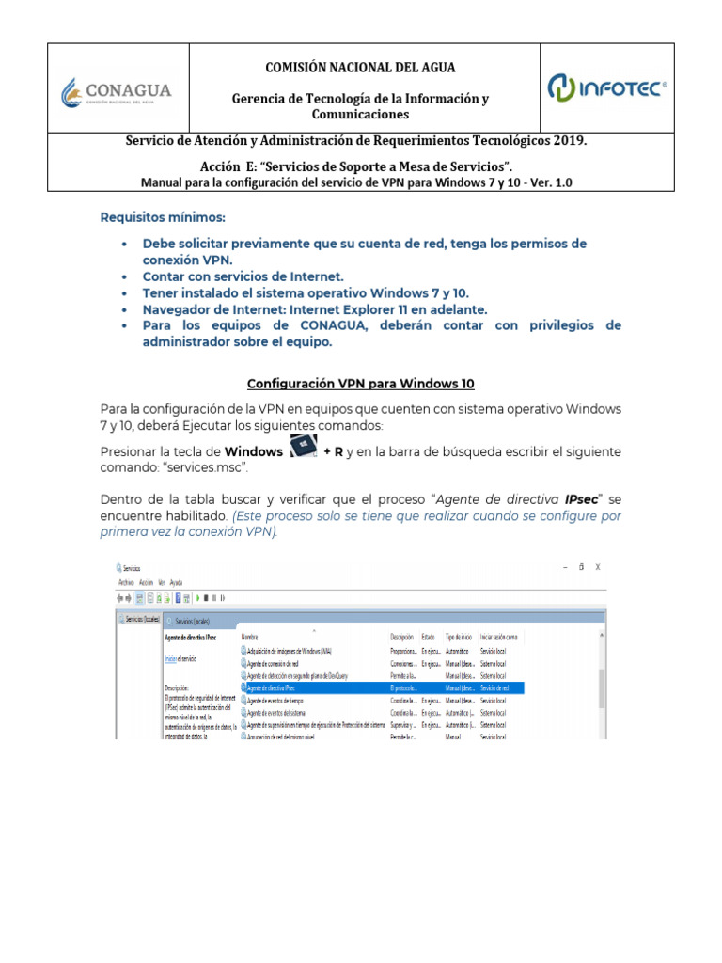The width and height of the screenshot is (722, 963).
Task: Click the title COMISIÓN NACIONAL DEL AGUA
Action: [361, 67]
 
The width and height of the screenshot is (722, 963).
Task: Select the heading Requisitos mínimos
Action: [164, 217]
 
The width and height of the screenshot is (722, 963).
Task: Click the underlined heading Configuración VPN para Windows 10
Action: [360, 384]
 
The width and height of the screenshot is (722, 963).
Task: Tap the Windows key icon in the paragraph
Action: [304, 449]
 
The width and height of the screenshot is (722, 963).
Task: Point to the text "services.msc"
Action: [213, 467]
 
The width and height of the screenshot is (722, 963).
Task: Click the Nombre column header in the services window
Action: [249, 637]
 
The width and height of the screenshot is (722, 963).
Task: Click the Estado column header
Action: [428, 637]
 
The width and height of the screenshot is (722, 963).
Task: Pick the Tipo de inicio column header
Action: [458, 637]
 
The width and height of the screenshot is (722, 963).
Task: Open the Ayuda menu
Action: [176, 582]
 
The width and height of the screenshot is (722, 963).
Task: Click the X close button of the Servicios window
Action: [598, 567]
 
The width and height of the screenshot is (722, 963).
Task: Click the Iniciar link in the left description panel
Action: [170, 659]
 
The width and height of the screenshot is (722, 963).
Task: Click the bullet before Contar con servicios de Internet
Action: [125, 277]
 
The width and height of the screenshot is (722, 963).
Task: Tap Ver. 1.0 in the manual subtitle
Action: [551, 182]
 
